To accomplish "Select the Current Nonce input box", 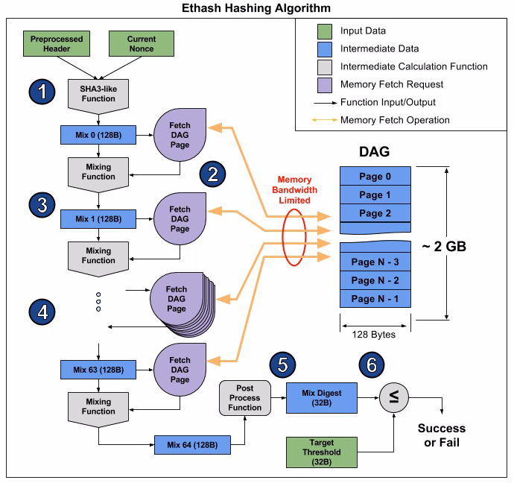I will coord(142,43).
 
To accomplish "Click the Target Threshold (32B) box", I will coord(323,452).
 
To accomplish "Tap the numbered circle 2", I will coord(212,174).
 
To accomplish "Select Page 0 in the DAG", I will coord(375,176).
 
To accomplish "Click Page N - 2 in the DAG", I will coord(375,280).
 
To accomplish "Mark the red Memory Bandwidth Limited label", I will coord(294,190).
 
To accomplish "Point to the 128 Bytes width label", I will coord(375,334).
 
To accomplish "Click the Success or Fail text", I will coord(441,435).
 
